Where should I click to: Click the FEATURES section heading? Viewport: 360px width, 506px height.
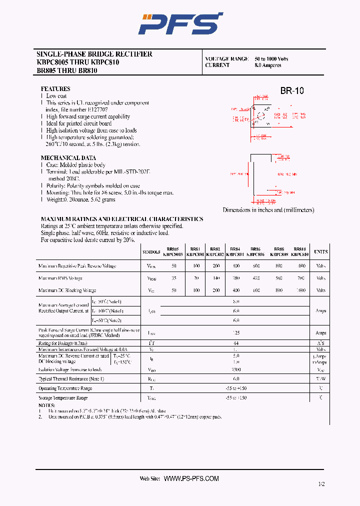pyautogui.click(x=55, y=89)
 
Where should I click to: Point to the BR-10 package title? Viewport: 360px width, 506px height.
pyautogui.click(x=291, y=91)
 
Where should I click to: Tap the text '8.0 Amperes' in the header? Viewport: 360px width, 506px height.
pyautogui.click(x=268, y=65)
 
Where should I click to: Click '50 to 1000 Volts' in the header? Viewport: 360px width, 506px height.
pyautogui.click(x=271, y=59)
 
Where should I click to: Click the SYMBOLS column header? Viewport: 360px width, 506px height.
pyautogui.click(x=151, y=251)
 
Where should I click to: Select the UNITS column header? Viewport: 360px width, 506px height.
pyautogui.click(x=320, y=251)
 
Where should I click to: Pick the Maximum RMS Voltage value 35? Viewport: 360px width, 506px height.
pyautogui.click(x=174, y=278)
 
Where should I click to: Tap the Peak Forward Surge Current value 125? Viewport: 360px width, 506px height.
pyautogui.click(x=236, y=332)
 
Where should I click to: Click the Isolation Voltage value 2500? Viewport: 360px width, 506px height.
pyautogui.click(x=236, y=369)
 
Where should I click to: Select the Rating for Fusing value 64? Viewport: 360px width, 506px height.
pyautogui.click(x=236, y=343)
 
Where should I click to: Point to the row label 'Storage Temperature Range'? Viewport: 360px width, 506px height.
pyautogui.click(x=63, y=398)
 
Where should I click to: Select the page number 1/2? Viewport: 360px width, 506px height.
pyautogui.click(x=321, y=484)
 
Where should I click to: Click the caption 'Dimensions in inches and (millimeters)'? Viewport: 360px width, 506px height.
pyautogui.click(x=268, y=210)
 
